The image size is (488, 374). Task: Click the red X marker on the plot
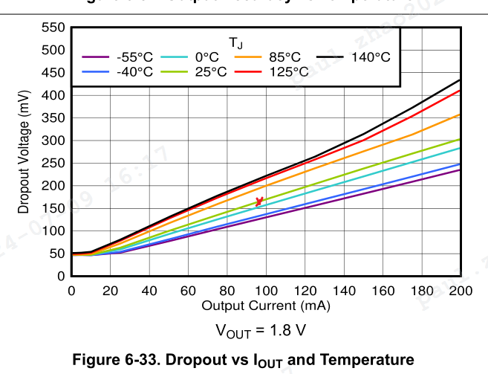pos(259,201)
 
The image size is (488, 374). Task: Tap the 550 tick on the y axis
pos(54,28)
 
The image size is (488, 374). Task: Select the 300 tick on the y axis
pos(54,141)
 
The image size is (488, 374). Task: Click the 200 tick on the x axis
pos(461,291)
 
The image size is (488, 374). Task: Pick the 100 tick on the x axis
pos(266,291)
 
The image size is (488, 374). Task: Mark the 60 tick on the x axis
pos(188,291)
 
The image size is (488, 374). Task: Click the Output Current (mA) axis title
pos(265,305)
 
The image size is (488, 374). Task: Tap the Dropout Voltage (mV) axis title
pos(24,152)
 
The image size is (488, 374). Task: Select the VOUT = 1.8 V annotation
pos(261,329)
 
